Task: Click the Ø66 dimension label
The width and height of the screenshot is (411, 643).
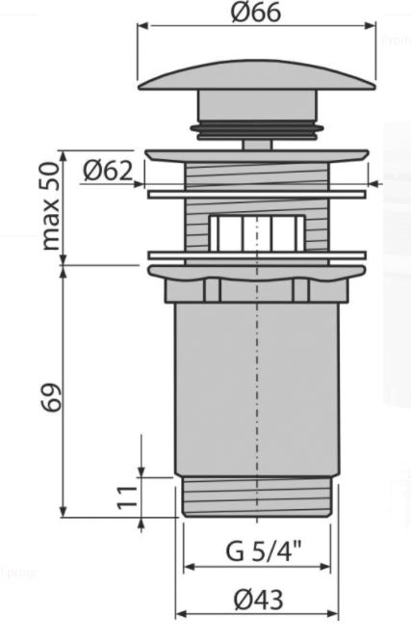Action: pyautogui.click(x=256, y=12)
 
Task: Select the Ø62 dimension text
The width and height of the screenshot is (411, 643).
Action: pyautogui.click(x=109, y=171)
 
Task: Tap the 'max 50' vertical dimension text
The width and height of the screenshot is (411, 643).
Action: pyautogui.click(x=52, y=206)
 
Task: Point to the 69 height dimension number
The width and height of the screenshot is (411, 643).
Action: pyautogui.click(x=52, y=397)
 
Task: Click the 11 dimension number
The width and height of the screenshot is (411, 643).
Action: pyautogui.click(x=127, y=497)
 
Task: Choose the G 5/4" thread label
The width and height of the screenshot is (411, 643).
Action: pyautogui.click(x=264, y=550)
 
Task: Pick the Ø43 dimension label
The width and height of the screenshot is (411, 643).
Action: pyautogui.click(x=258, y=600)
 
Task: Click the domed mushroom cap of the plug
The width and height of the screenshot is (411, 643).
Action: pyautogui.click(x=257, y=75)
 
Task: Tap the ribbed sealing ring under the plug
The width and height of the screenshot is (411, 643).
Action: pyautogui.click(x=257, y=129)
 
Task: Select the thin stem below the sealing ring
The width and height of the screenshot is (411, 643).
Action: pyautogui.click(x=257, y=145)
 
